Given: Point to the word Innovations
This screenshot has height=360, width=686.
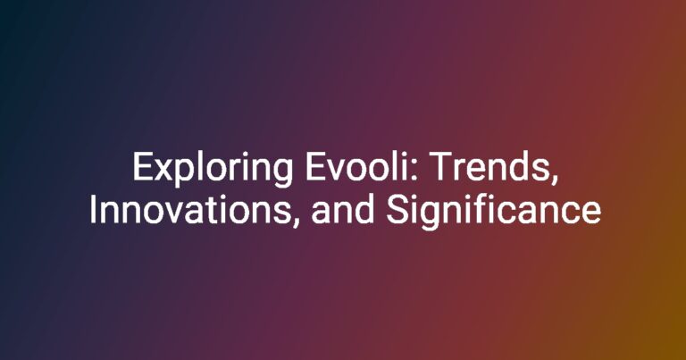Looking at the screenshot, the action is click(x=190, y=210).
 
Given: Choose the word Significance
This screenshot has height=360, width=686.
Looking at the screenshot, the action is click(x=493, y=212).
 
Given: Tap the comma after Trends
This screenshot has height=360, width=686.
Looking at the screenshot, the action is click(x=555, y=178).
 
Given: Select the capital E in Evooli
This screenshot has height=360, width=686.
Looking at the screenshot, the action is click(x=315, y=166).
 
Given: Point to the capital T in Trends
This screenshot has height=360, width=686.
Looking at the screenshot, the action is click(x=441, y=166).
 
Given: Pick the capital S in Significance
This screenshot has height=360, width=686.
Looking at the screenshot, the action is click(x=397, y=210).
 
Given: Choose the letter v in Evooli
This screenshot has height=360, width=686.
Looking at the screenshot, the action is click(x=335, y=170).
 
